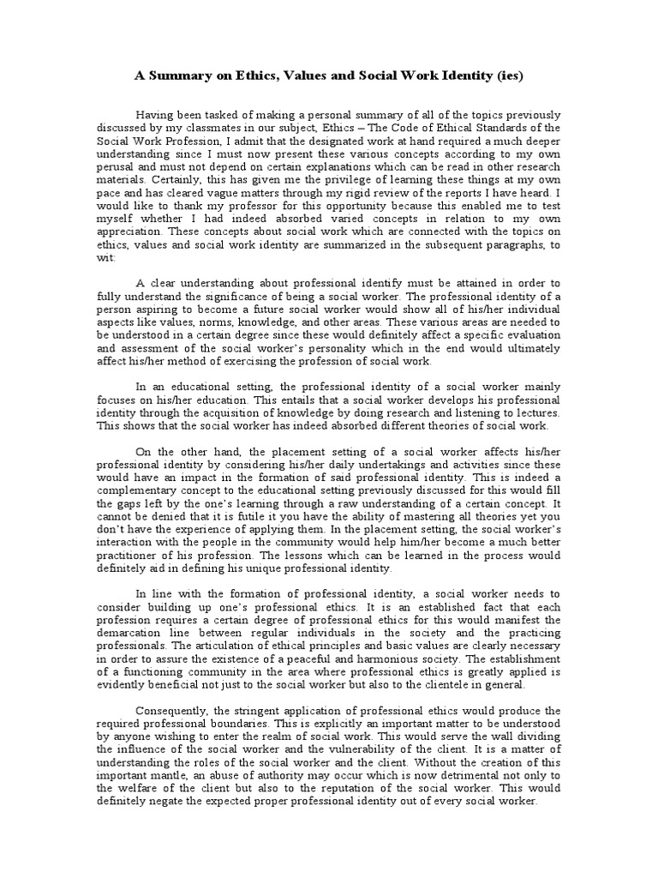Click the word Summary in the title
pyautogui.click(x=178, y=75)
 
